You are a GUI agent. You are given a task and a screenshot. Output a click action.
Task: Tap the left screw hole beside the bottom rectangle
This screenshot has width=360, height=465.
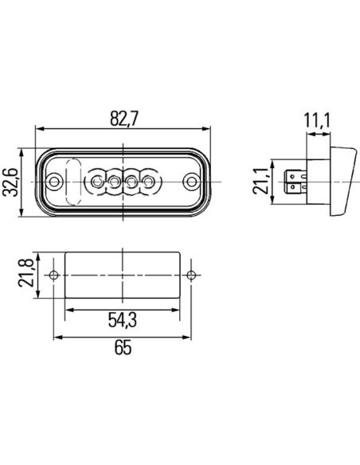pos(54,275)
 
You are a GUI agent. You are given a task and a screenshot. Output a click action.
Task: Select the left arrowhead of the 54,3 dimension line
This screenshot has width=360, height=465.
pos(67,309)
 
